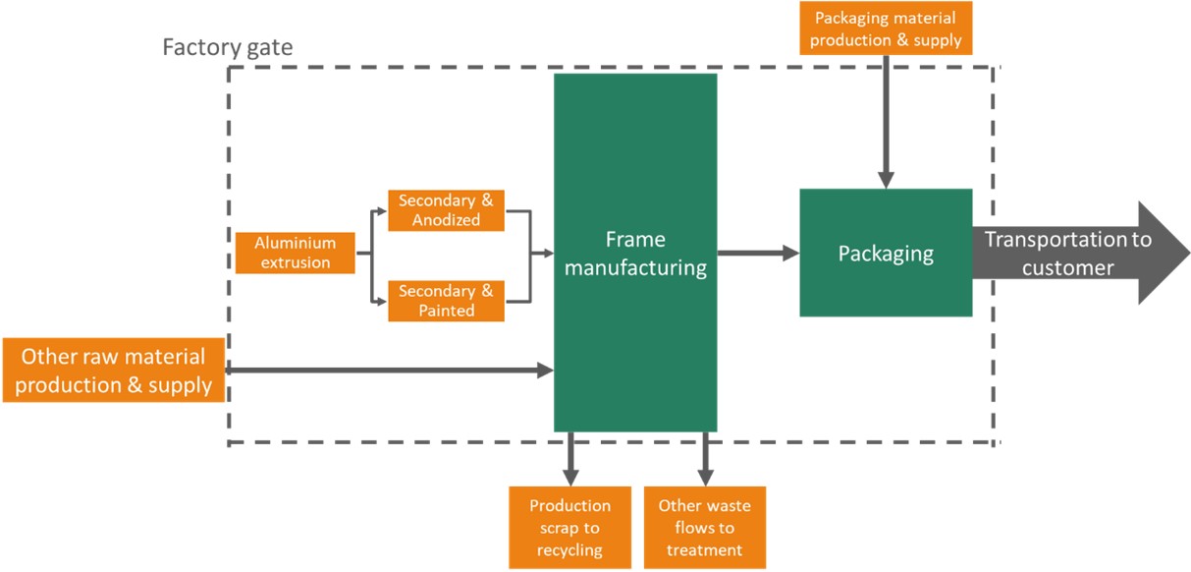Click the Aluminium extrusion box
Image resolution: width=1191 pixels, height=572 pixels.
[x=295, y=253]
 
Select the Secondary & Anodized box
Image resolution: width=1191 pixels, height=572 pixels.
[x=446, y=210]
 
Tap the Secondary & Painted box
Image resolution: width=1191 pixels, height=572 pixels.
[x=446, y=301]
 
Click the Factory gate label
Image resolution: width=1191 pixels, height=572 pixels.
[x=228, y=46]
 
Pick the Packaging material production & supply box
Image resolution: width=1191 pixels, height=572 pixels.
[x=886, y=28]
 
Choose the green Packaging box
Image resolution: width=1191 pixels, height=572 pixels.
[x=886, y=253]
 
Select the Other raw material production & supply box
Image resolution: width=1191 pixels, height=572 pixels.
[x=113, y=371]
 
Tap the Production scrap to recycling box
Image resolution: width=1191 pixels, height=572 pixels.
[x=569, y=527]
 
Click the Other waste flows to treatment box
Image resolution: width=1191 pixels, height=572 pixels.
[x=704, y=527]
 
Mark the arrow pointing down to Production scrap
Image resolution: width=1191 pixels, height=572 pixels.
[x=569, y=457]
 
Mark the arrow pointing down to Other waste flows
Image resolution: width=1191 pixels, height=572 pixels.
[x=704, y=457]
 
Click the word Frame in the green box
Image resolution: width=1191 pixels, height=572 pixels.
[x=635, y=240]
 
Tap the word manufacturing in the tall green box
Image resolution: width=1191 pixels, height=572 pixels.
[x=635, y=266]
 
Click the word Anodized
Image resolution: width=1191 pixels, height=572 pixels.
[x=446, y=220]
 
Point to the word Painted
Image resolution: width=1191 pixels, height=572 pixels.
[x=446, y=311]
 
